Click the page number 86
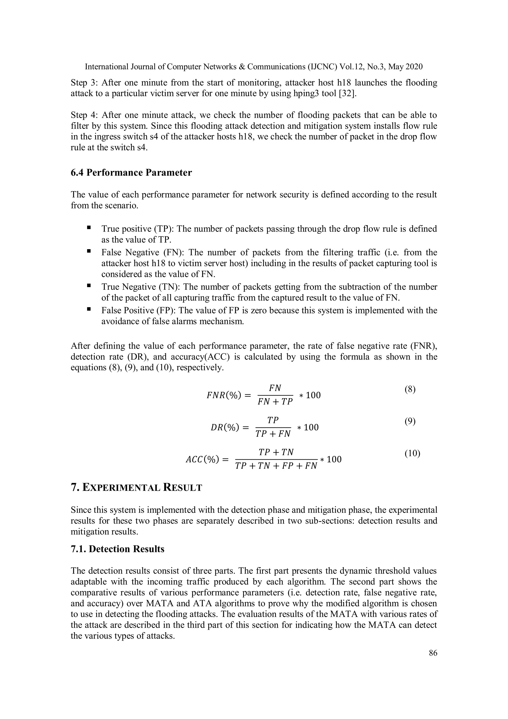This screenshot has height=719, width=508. coord(433,653)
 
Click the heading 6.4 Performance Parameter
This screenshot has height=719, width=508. coord(131,172)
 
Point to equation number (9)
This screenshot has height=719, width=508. coord(410,421)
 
